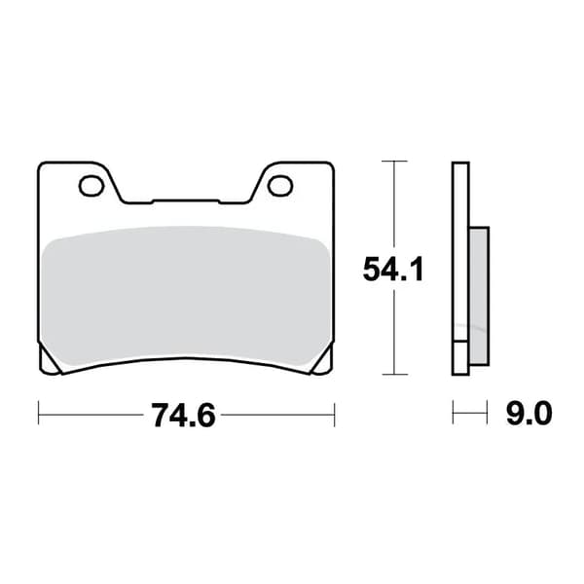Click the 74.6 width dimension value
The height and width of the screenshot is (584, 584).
tap(183, 416)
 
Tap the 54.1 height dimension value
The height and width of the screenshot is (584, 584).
tap(393, 270)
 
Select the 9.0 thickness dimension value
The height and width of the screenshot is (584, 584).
tap(529, 414)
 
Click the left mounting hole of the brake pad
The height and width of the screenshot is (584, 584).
tap(91, 186)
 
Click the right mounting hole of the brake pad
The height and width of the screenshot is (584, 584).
tap(280, 186)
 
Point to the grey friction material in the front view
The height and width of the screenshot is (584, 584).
tap(186, 294)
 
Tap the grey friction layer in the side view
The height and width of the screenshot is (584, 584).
tap(479, 296)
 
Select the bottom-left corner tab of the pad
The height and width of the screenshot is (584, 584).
tap(50, 360)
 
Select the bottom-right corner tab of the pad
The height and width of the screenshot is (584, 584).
tap(322, 360)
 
